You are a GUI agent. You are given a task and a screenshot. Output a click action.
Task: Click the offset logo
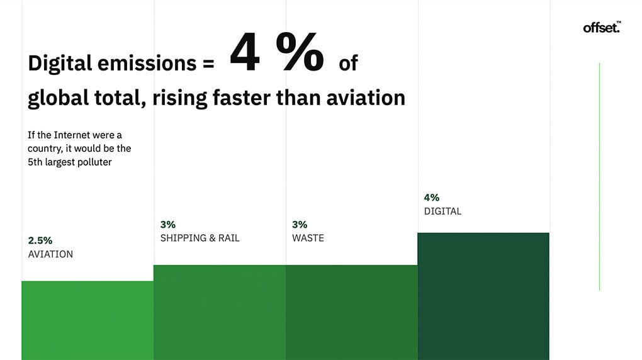click(x=602, y=27)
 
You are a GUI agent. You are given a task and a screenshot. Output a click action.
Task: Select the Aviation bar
click(x=87, y=320)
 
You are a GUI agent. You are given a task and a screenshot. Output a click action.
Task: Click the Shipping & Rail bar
click(x=220, y=312)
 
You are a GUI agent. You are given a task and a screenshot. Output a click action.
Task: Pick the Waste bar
click(x=351, y=312)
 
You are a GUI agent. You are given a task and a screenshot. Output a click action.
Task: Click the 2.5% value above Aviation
click(x=40, y=240)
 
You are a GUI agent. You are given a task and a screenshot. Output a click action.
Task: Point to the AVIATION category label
click(x=50, y=254)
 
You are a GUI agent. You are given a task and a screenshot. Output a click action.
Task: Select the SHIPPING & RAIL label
click(x=200, y=238)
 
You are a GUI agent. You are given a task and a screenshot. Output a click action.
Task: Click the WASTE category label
click(x=308, y=238)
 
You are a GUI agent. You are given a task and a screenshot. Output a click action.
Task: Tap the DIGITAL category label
click(x=442, y=211)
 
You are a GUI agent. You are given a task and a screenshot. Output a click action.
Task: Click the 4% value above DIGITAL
click(x=432, y=198)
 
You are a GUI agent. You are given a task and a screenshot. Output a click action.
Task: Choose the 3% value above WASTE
click(x=300, y=224)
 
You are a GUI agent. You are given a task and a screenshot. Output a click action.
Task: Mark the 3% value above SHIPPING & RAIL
click(x=168, y=224)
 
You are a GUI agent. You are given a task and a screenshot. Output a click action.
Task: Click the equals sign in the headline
click(x=208, y=64)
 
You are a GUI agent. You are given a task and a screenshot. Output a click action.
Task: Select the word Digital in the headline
click(x=60, y=64)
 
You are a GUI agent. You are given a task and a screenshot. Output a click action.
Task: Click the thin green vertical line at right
click(x=599, y=176)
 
